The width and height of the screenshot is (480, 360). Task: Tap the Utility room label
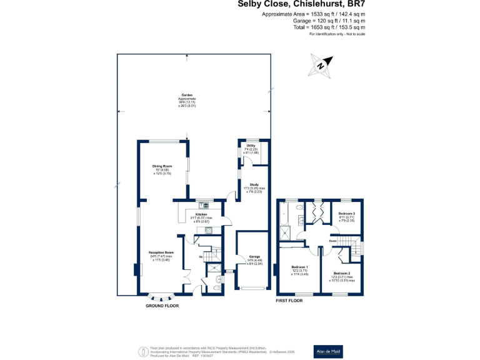tap(251, 146)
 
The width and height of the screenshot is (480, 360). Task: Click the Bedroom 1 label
tap(300, 267)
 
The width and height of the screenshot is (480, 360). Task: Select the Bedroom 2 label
tap(341, 273)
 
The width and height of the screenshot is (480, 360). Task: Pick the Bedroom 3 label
tap(346, 214)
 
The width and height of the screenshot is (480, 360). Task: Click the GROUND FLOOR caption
tap(162, 306)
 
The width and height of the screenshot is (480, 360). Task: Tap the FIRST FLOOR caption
tap(289, 301)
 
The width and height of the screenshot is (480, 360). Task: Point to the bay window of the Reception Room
tap(162, 297)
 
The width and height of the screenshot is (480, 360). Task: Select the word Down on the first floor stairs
tap(333, 241)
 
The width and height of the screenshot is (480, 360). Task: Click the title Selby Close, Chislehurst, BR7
tap(301, 4)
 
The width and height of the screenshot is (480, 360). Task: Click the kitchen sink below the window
tap(204, 204)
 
